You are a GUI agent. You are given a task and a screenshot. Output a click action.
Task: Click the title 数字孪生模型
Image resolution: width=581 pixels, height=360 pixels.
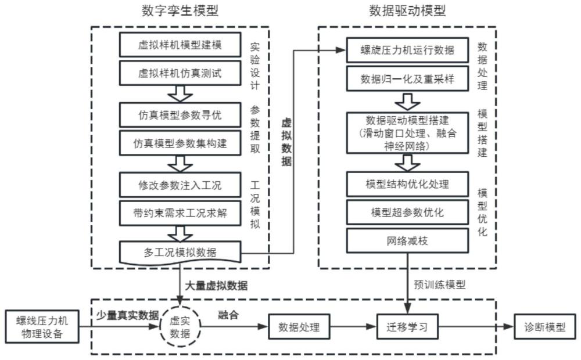point(180,10)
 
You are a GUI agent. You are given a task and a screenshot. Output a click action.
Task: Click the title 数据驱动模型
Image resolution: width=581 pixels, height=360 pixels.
point(408,10)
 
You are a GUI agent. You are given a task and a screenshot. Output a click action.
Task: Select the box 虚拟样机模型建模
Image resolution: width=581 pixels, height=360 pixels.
point(180,45)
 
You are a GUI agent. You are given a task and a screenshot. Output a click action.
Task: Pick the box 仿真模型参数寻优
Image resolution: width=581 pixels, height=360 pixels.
point(180,114)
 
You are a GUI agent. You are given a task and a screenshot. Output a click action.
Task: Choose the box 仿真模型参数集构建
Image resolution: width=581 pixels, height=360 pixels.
point(180,142)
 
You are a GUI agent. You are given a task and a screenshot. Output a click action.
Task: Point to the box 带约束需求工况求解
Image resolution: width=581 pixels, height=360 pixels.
point(180,213)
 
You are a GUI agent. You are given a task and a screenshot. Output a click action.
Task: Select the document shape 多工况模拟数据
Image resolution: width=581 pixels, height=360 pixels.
point(180,252)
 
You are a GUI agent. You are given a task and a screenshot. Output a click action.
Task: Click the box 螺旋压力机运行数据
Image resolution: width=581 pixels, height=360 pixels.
point(407,50)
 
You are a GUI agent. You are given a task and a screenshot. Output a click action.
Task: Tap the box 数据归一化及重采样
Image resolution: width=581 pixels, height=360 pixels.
point(407,78)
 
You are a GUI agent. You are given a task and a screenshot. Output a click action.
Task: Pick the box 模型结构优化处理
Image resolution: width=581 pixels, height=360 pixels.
point(407,184)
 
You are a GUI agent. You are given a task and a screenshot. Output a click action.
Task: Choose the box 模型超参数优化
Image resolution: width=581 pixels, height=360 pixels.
point(407,212)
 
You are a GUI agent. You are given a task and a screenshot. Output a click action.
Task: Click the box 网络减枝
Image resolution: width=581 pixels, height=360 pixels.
point(407,240)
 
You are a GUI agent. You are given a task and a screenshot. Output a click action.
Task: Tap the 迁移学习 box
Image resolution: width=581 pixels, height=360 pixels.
point(407,326)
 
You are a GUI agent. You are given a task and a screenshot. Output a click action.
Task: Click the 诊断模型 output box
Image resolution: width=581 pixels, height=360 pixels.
point(544,326)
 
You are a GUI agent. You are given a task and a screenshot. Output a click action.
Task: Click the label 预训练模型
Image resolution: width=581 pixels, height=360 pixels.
point(440,285)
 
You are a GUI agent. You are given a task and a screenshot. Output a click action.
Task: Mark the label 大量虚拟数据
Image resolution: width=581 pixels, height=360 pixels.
point(216,285)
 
